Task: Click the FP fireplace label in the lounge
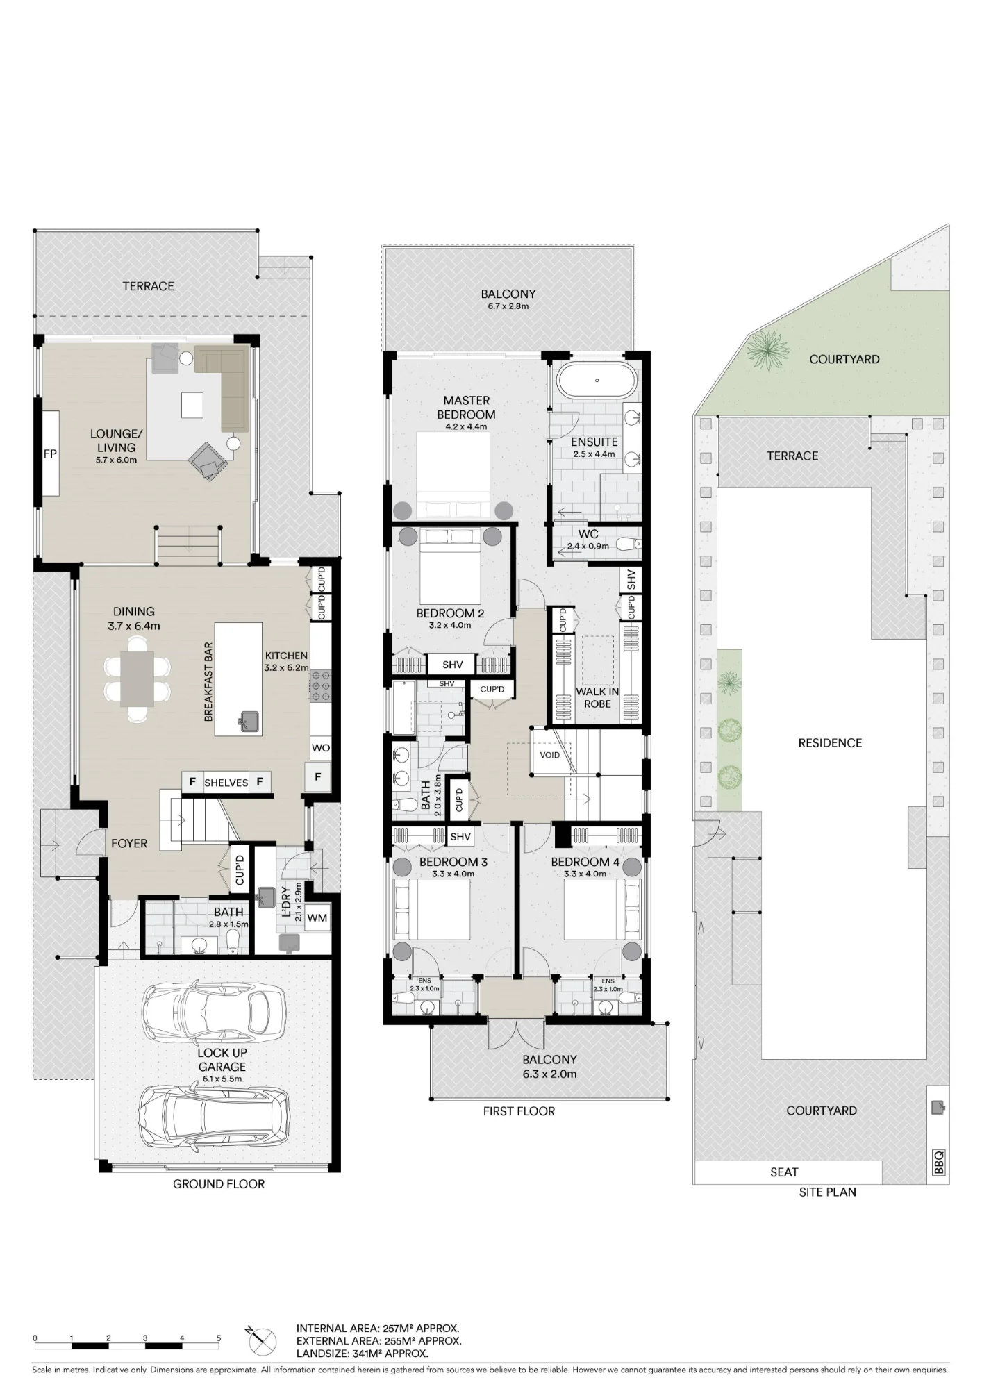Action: pyautogui.click(x=50, y=454)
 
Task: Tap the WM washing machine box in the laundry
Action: pyautogui.click(x=317, y=918)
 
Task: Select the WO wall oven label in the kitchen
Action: pyautogui.click(x=321, y=748)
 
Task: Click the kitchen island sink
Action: pyautogui.click(x=249, y=722)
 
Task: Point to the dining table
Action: pyautogui.click(x=137, y=679)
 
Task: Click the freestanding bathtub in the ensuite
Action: pyautogui.click(x=597, y=380)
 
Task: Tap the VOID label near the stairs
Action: pyautogui.click(x=550, y=755)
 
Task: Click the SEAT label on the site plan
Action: pyautogui.click(x=784, y=1172)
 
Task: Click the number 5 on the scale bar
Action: pyautogui.click(x=219, y=1338)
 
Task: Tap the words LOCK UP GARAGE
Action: pyautogui.click(x=222, y=1060)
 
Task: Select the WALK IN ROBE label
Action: pyautogui.click(x=597, y=698)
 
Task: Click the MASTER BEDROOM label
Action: pyautogui.click(x=467, y=408)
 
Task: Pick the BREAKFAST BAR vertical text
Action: pyautogui.click(x=208, y=682)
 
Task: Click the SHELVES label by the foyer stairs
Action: pyautogui.click(x=226, y=783)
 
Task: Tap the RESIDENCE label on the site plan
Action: pyautogui.click(x=830, y=743)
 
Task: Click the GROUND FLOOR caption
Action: pyautogui.click(x=219, y=1184)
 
